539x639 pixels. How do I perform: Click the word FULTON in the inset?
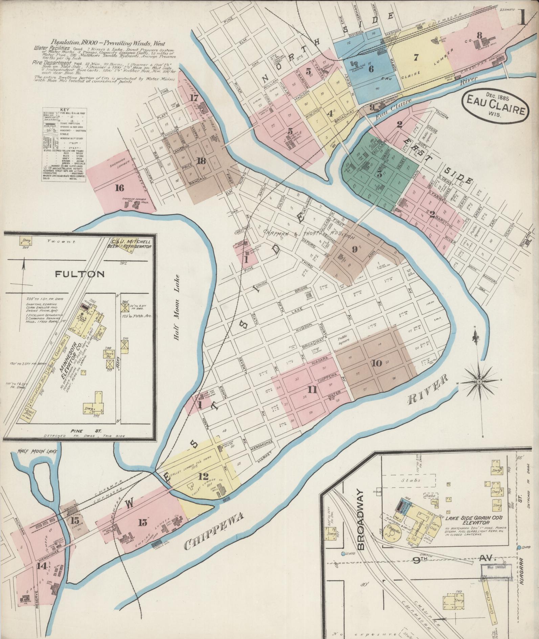tap(80, 274)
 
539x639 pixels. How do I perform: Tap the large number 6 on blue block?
tap(371, 68)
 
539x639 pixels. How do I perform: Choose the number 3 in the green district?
tap(379, 174)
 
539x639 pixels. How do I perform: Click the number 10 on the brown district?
tap(376, 363)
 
